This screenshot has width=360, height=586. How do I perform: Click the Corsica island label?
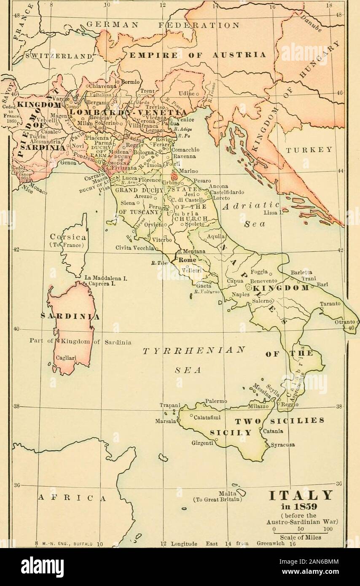[74, 237]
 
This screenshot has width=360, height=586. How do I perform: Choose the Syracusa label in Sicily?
[282, 445]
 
